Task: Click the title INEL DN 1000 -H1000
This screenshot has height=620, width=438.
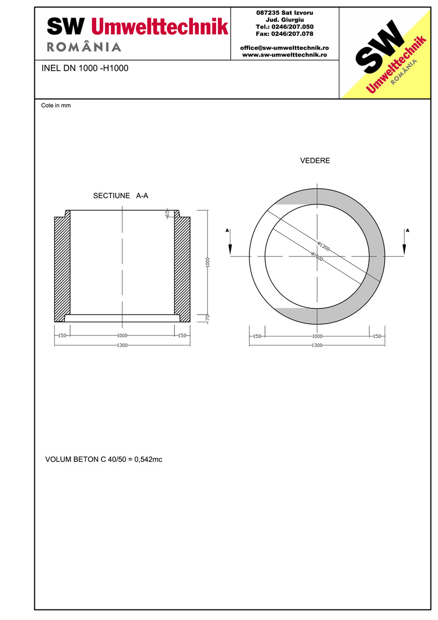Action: (x=85, y=68)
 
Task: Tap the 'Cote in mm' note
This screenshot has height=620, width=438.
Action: (x=56, y=105)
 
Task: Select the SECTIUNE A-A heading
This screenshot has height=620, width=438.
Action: (x=120, y=196)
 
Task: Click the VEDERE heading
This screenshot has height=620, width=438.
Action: (x=315, y=161)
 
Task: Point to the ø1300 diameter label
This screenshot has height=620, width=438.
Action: (x=323, y=246)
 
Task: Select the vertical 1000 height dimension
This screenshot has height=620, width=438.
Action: (x=208, y=262)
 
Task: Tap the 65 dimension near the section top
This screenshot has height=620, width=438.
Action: (x=167, y=213)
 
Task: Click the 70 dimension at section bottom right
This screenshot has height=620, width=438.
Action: (x=208, y=318)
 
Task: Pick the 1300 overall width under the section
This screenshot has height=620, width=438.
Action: (x=122, y=345)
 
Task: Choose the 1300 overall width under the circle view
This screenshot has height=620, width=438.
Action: (x=317, y=345)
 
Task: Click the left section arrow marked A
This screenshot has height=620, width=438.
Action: (x=230, y=243)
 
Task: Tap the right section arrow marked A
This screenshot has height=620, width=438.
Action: (x=405, y=243)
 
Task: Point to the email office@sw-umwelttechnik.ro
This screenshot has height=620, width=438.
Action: (x=284, y=48)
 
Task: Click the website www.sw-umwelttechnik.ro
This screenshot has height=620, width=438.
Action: (x=284, y=55)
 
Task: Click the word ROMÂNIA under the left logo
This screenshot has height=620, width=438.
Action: (x=84, y=47)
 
